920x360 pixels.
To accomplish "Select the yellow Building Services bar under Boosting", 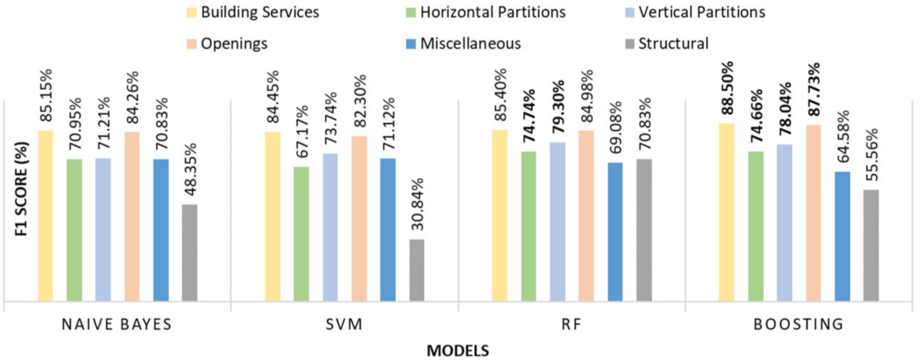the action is click(726, 212).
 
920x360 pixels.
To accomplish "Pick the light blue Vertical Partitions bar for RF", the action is click(558, 222).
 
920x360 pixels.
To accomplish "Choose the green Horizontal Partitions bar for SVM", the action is click(301, 234).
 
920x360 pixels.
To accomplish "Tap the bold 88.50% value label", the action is click(726, 88).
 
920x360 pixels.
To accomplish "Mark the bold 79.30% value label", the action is click(558, 107).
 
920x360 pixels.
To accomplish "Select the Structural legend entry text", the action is click(673, 44).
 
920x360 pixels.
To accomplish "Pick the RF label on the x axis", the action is click(571, 324).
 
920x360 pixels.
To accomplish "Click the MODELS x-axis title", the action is click(458, 350).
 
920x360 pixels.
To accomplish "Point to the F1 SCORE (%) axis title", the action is click(21, 189).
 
